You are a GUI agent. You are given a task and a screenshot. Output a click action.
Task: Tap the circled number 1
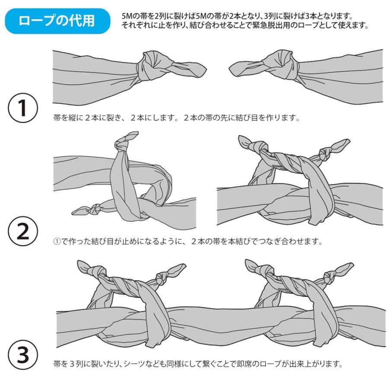(22, 105)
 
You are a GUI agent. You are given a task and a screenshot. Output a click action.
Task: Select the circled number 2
(22, 232)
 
